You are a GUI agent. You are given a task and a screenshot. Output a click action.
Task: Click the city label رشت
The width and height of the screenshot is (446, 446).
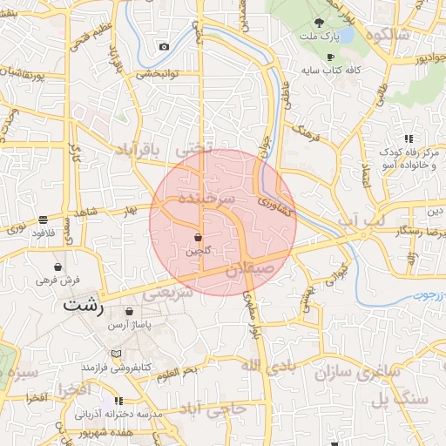click(x=83, y=307)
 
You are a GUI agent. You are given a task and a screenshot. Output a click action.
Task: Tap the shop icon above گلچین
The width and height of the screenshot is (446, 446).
click(x=199, y=237)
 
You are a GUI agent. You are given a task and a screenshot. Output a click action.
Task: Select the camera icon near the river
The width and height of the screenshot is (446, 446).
click(x=164, y=46)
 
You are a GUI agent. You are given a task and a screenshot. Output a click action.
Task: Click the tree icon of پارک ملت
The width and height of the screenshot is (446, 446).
click(x=319, y=23)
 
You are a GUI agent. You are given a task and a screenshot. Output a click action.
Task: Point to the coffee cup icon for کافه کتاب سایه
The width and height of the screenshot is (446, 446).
click(x=330, y=57)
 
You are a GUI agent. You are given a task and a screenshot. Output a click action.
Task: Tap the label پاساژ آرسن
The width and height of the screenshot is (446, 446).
click(x=130, y=324)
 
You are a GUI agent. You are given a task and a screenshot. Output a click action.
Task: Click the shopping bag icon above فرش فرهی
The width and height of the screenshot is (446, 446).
click(x=57, y=267)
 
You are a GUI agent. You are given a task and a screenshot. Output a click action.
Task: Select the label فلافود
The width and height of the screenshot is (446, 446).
click(x=43, y=233)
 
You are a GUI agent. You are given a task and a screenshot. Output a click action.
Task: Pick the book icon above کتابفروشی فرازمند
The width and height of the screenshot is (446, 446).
click(x=118, y=353)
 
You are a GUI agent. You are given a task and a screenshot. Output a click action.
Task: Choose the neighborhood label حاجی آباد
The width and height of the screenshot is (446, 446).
click(x=213, y=409)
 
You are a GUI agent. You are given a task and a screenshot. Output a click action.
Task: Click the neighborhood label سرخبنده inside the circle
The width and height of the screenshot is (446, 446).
click(x=206, y=198)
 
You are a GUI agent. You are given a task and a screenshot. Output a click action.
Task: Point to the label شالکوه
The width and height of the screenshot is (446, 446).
click(x=389, y=35)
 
